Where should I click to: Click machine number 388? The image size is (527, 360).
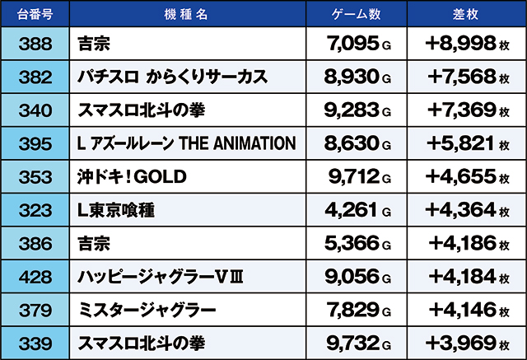(x=34, y=44)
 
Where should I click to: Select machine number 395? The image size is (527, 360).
(x=34, y=143)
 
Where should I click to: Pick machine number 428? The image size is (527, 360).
(x=34, y=277)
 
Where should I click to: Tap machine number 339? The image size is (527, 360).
(x=34, y=343)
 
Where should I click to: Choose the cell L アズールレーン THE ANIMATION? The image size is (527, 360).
(x=185, y=143)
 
